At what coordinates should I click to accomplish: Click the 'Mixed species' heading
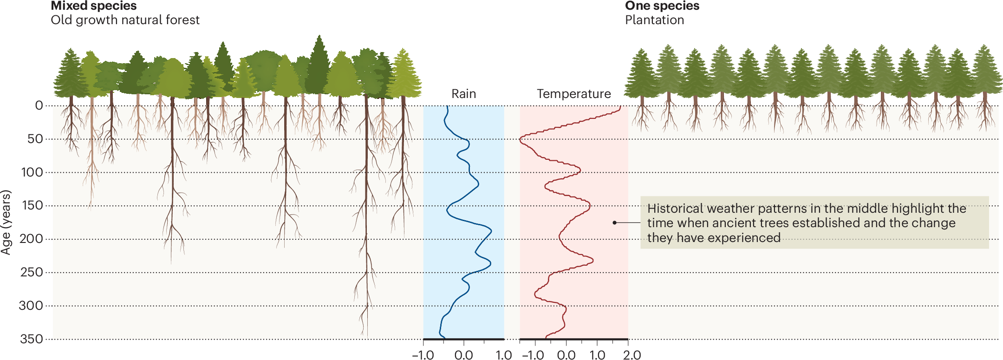(x=93, y=6)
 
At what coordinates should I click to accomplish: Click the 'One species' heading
(x=662, y=6)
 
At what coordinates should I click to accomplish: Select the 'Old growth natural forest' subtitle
(x=125, y=20)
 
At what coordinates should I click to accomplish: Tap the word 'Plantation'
(x=654, y=20)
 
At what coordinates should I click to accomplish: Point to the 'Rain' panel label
(x=463, y=94)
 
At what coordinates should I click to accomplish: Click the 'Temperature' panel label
(x=573, y=94)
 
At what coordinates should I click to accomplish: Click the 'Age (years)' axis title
(x=6, y=222)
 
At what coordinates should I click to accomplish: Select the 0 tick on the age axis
(x=39, y=105)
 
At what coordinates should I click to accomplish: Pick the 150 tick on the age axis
(x=32, y=205)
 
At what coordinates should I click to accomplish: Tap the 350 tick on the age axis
(x=32, y=339)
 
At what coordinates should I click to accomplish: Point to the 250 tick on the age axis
(x=32, y=272)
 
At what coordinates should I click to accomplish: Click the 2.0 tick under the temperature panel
(x=632, y=355)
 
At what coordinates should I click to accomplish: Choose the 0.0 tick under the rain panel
(x=463, y=355)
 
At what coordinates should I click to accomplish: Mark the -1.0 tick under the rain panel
(x=423, y=355)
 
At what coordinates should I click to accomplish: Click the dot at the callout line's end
(x=614, y=223)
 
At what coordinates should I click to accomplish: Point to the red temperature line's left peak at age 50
(x=521, y=138)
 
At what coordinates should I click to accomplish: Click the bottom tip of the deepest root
(x=367, y=336)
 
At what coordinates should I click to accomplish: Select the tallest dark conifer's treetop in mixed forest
(x=319, y=36)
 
